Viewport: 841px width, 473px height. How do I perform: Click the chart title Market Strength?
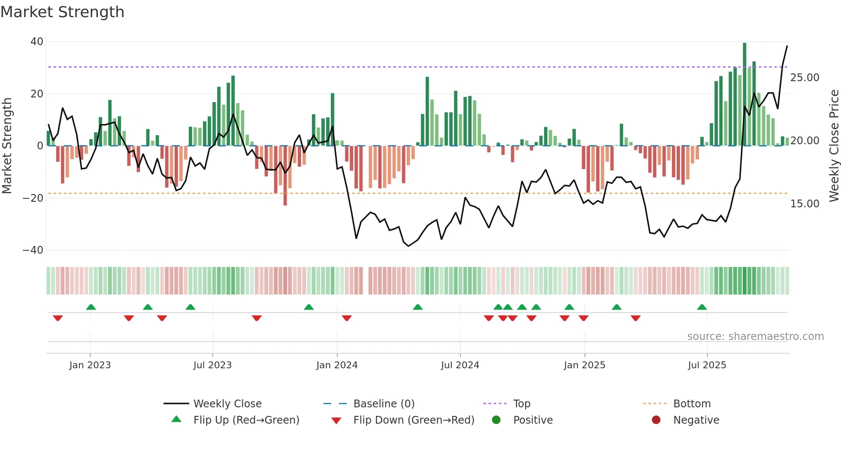[62, 12]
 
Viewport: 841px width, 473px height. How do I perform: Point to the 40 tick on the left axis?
[37, 42]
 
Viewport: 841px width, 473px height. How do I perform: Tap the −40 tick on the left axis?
[33, 250]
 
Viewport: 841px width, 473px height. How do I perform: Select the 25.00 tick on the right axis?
[805, 78]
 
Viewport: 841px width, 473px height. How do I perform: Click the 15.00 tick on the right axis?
[805, 204]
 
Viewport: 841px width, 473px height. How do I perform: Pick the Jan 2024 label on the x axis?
[337, 365]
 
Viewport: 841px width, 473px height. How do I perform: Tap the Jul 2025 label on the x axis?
[707, 365]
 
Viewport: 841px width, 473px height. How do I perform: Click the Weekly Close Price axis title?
[834, 146]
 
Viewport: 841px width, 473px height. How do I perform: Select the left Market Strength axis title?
[7, 146]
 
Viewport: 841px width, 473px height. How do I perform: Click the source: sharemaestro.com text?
[755, 337]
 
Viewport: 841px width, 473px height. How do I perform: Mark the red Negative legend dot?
[656, 420]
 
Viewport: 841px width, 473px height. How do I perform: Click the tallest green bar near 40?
[744, 94]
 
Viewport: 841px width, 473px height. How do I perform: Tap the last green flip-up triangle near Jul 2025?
[702, 307]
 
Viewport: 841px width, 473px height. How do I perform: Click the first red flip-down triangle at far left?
[58, 318]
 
